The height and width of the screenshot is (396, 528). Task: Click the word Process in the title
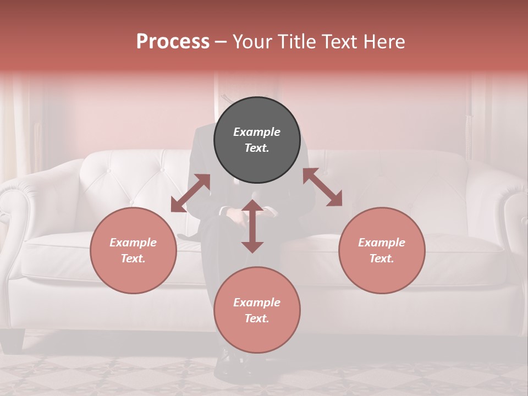[173, 42]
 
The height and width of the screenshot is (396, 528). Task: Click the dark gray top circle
[257, 140]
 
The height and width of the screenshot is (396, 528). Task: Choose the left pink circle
[133, 250]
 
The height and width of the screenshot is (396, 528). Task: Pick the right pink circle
[382, 250]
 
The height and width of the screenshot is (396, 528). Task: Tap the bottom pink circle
[257, 310]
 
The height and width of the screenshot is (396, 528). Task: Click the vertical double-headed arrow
[252, 226]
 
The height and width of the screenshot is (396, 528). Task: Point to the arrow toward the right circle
[323, 187]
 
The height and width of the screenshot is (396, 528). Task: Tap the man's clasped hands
[242, 215]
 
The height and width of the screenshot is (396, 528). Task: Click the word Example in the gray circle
[257, 132]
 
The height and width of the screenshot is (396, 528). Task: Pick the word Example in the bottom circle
[257, 302]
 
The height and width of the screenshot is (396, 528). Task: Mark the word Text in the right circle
[382, 258]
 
